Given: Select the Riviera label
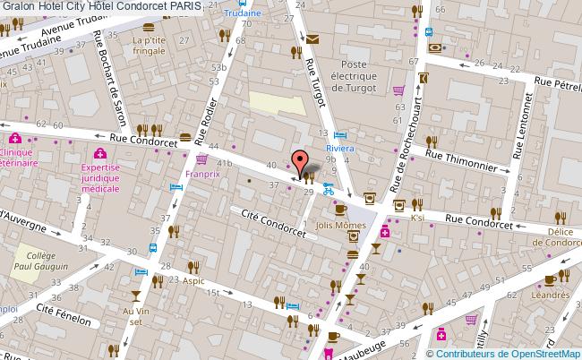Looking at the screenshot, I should tap(340, 150).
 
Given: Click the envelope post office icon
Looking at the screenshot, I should tap(312, 39).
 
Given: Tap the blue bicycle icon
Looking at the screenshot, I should tap(329, 189).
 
